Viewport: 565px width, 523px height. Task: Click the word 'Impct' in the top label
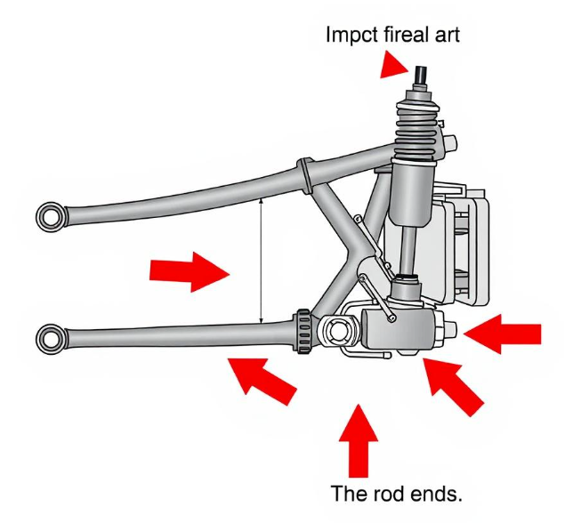click(x=351, y=36)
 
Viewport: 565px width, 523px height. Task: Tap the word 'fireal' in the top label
click(x=409, y=35)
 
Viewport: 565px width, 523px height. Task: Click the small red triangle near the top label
click(x=392, y=65)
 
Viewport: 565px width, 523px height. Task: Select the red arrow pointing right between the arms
click(x=190, y=272)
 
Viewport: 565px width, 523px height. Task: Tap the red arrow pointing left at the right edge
click(x=503, y=334)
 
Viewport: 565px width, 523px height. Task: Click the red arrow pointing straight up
click(x=359, y=440)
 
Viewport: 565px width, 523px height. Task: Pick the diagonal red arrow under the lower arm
click(x=262, y=381)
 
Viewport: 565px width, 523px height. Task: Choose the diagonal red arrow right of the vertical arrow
click(x=454, y=386)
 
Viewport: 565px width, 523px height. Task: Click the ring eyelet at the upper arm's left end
click(x=51, y=217)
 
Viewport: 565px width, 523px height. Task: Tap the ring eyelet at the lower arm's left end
click(x=51, y=339)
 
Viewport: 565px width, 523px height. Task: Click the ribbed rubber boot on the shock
click(x=418, y=131)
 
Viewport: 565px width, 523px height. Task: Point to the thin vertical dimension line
click(x=262, y=261)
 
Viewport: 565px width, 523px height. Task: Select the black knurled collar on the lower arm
click(x=304, y=332)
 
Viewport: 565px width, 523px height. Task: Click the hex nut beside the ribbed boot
click(x=450, y=143)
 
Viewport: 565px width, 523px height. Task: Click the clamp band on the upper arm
click(x=305, y=174)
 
